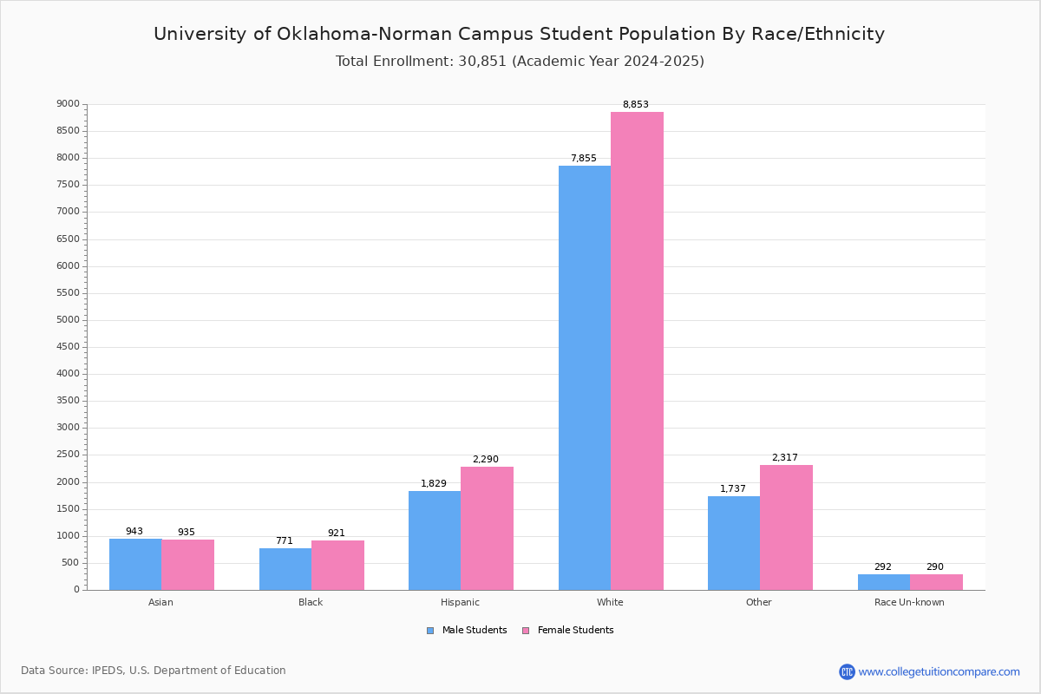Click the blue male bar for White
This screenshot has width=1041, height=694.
(584, 377)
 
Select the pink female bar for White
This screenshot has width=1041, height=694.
(637, 350)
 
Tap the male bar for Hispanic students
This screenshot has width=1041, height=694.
(435, 540)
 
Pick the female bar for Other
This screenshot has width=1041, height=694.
(786, 527)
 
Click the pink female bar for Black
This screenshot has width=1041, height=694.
(337, 565)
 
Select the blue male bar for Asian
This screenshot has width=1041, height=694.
(135, 564)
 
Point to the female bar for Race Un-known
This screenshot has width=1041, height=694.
(936, 581)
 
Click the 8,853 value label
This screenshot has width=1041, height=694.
(635, 105)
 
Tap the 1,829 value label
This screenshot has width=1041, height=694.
(434, 484)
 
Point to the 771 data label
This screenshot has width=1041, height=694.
(285, 541)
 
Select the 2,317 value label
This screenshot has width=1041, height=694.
(784, 458)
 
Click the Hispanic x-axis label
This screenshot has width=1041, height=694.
(460, 602)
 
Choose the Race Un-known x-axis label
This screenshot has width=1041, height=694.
(909, 602)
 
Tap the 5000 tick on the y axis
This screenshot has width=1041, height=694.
(69, 320)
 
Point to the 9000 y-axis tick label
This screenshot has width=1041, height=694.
(69, 104)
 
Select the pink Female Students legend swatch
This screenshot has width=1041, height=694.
(526, 631)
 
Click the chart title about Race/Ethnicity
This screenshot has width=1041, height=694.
(519, 34)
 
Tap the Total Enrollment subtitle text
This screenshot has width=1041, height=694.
(520, 62)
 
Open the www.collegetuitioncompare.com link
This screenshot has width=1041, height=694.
(939, 671)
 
